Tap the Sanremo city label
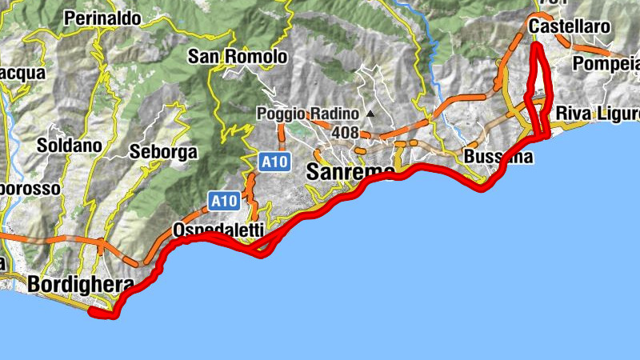[x=350, y=172]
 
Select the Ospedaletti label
[x=218, y=230]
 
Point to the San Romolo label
[x=237, y=57]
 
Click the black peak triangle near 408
[x=370, y=114]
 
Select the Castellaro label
[x=570, y=27]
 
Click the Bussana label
[x=498, y=157]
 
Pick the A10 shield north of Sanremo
[x=274, y=162]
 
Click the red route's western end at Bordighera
[x=93, y=313]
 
